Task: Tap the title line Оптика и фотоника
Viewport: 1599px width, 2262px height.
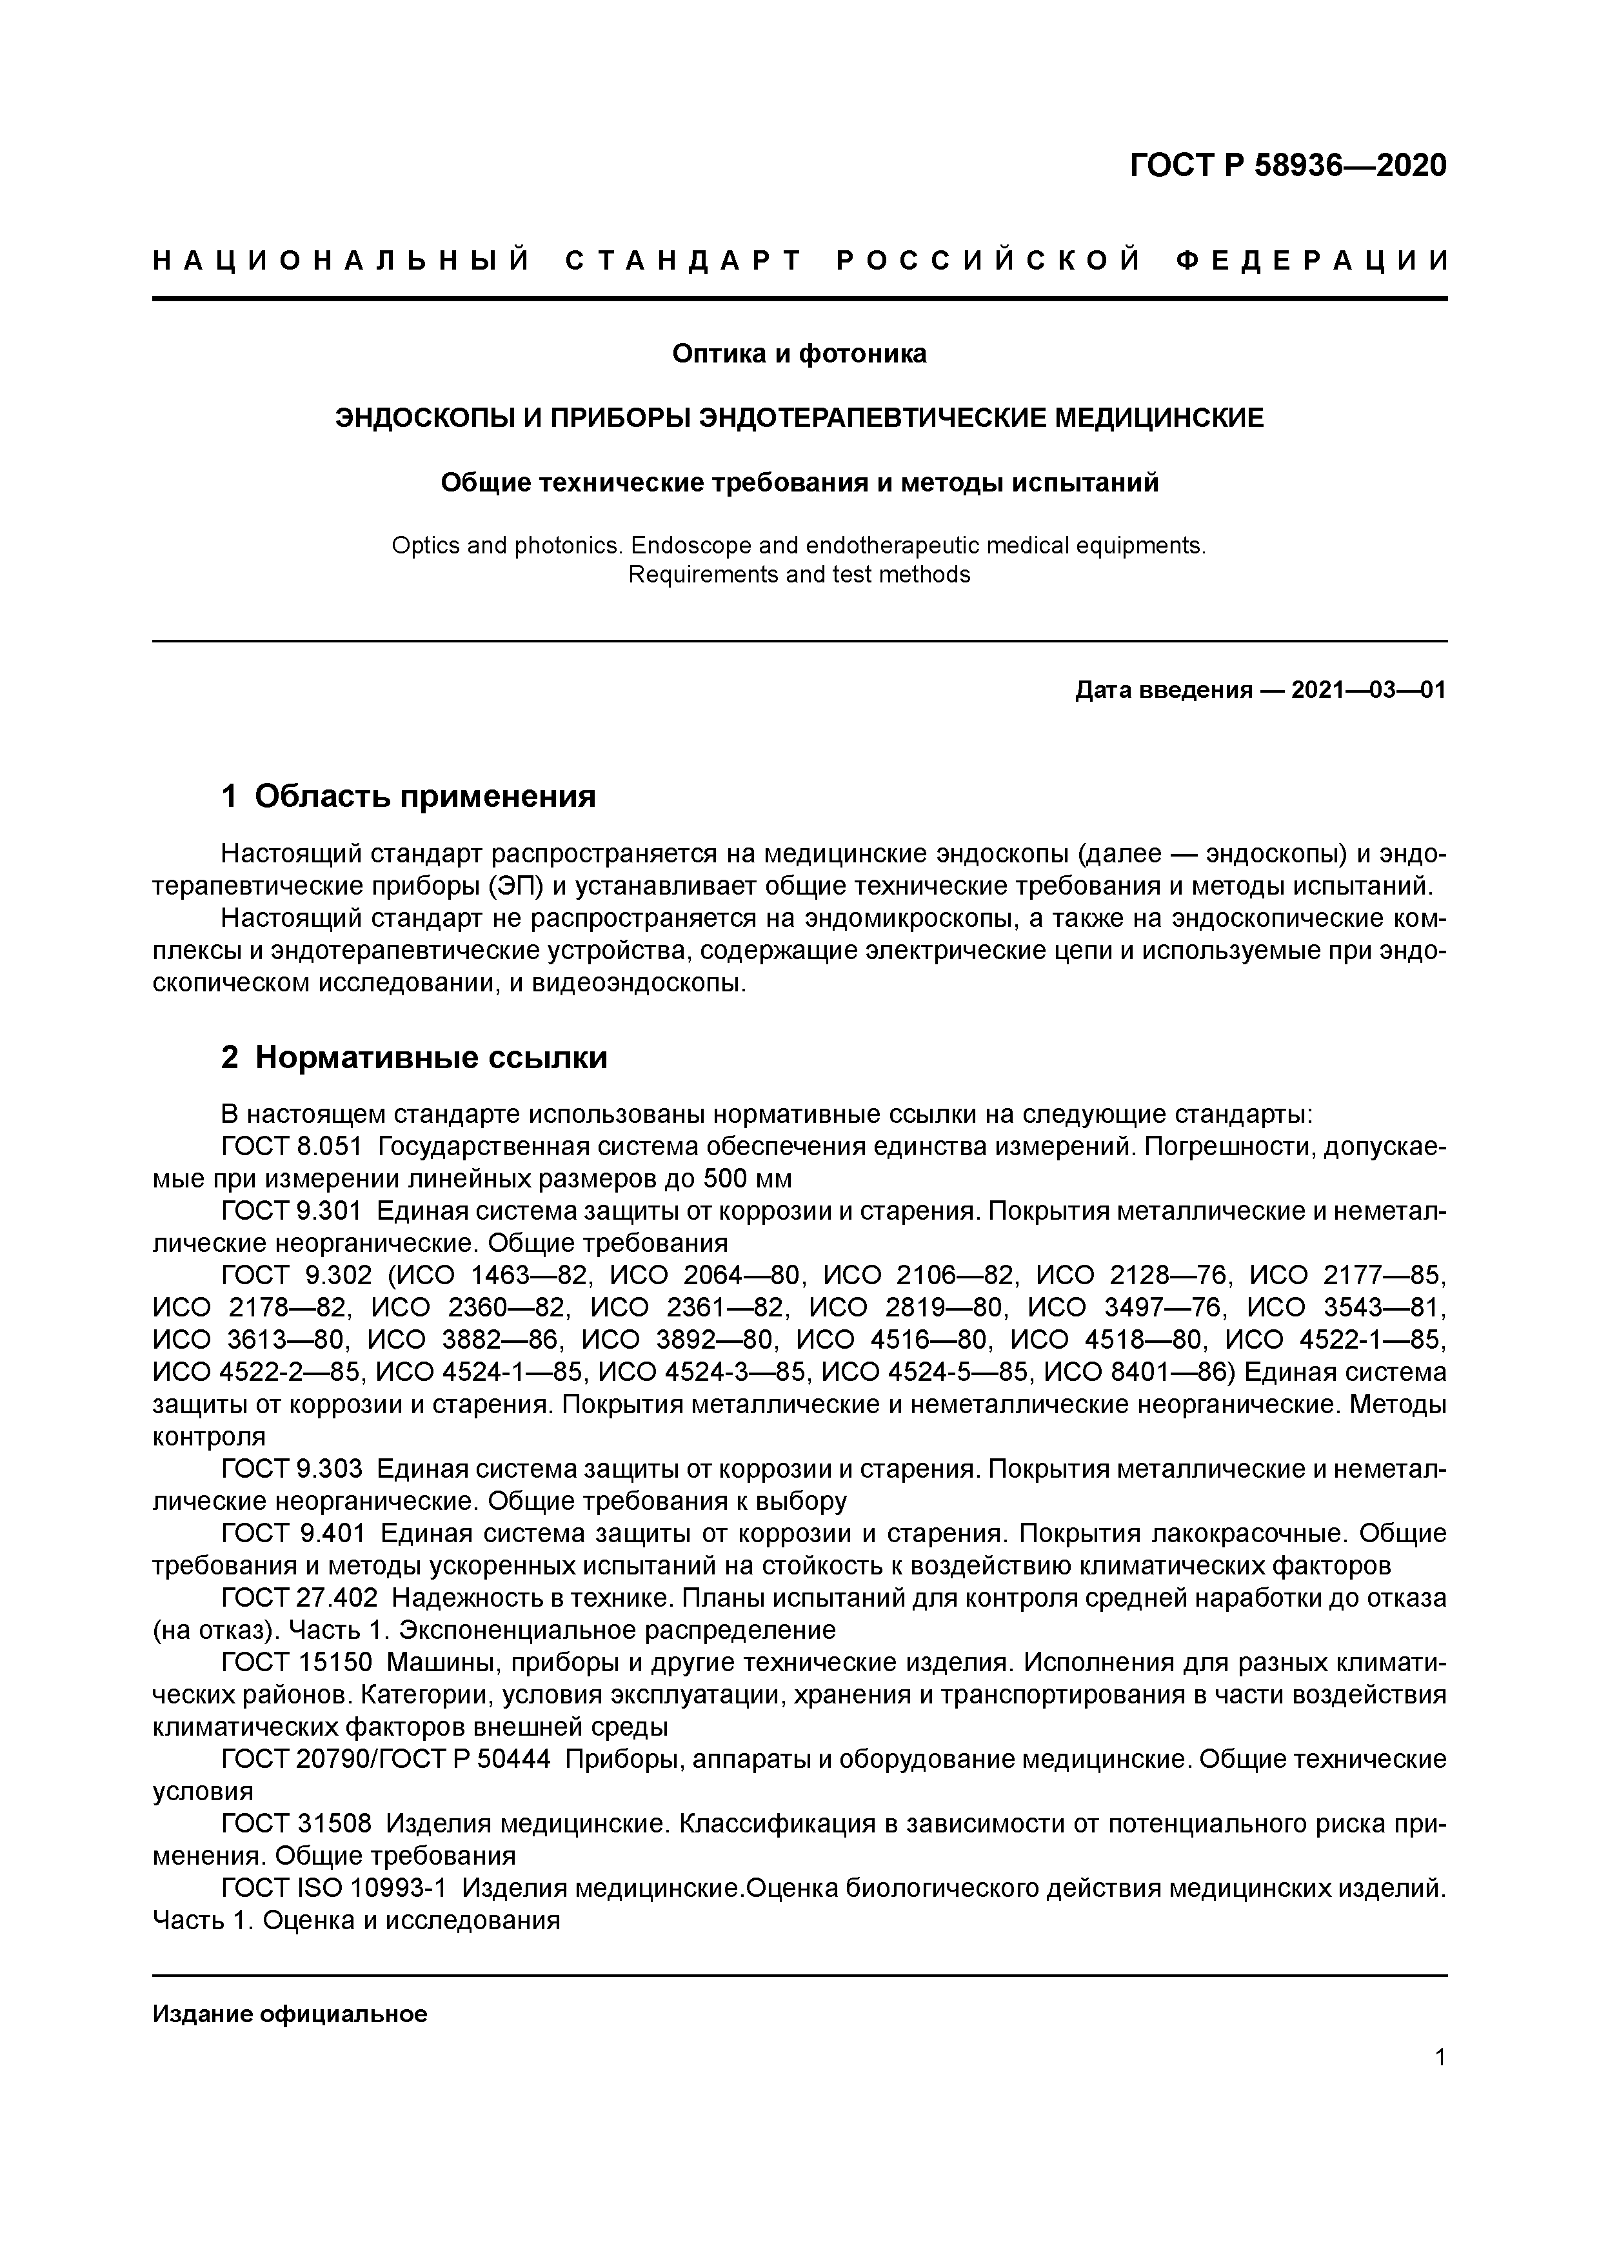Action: click(x=799, y=353)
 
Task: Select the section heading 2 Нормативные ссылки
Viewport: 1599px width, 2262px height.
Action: click(x=414, y=1057)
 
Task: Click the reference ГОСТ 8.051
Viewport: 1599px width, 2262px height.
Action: click(x=293, y=1147)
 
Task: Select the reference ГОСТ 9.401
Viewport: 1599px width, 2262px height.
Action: click(x=293, y=1533)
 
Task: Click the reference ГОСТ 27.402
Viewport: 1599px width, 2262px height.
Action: click(x=299, y=1597)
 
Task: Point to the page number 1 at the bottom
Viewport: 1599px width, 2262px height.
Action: click(x=1440, y=2057)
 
